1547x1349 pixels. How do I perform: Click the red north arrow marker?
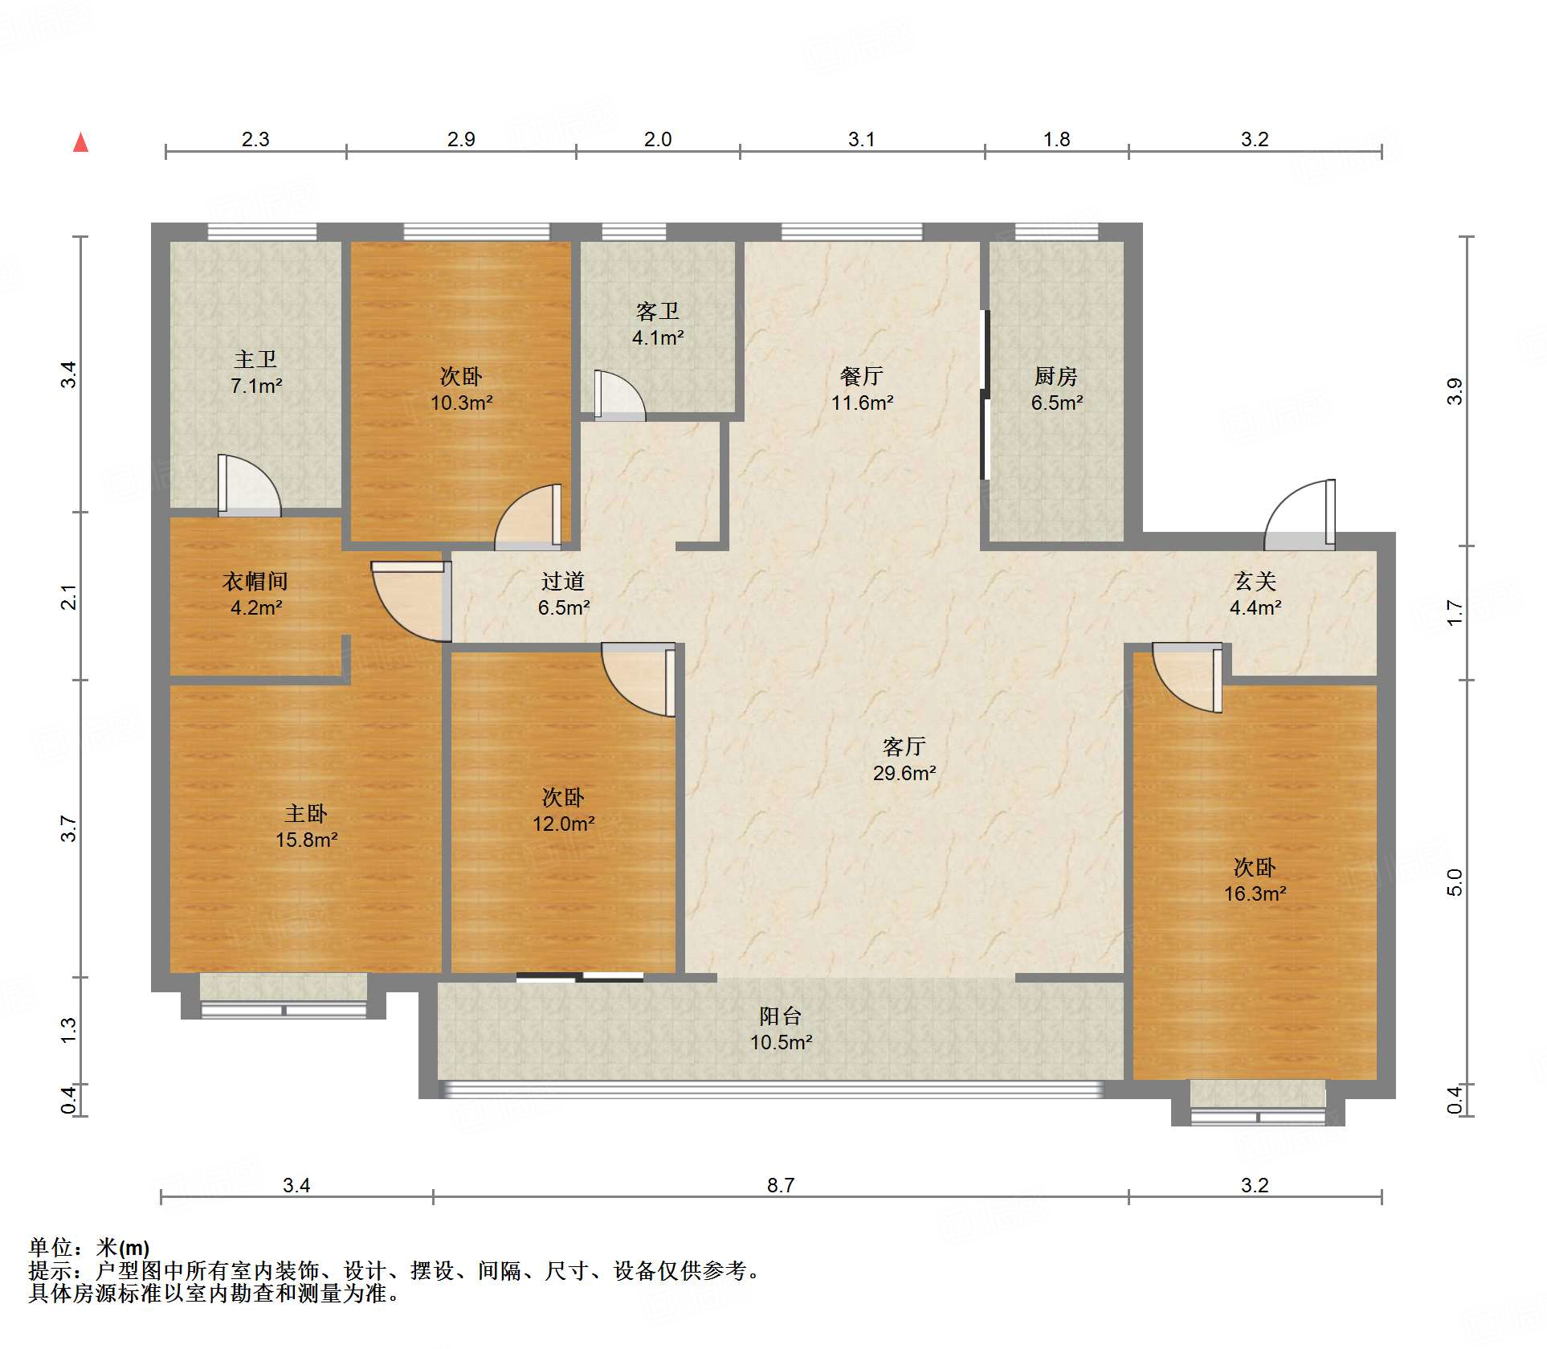coord(80,142)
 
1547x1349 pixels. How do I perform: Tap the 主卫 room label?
coord(255,359)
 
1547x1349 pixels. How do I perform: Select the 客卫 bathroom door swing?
coord(619,395)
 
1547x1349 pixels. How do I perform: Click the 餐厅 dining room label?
coord(862,376)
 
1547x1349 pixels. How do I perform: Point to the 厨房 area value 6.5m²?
coord(1056,403)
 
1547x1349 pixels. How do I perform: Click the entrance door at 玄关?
coord(1300,515)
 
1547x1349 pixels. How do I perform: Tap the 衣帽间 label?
coord(255,581)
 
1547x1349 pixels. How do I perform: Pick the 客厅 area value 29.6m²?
coord(904,773)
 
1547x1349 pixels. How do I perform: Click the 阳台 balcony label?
coord(781,1016)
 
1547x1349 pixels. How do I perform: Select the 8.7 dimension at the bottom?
coord(781,1185)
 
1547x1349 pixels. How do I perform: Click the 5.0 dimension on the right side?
coord(1455,883)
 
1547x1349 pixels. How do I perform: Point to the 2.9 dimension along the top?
coord(461,139)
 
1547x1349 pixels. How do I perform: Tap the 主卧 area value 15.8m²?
coord(306,840)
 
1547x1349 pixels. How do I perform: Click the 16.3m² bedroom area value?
coord(1255,893)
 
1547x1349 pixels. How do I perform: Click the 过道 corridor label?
coord(563,581)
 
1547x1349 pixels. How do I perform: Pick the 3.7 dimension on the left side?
coord(69,828)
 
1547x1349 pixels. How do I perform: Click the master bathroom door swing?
coord(249,485)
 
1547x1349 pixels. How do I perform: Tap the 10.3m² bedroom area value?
coord(461,403)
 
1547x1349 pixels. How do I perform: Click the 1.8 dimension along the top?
coord(1056,139)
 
